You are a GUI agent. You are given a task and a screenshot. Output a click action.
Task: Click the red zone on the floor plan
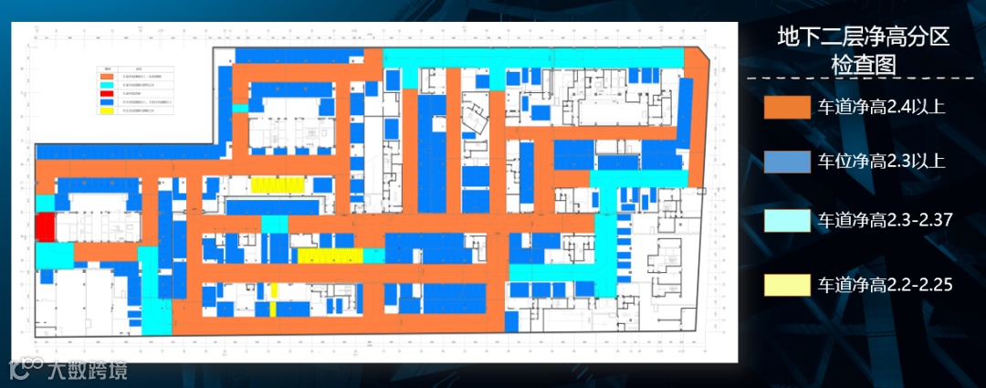point(43,226)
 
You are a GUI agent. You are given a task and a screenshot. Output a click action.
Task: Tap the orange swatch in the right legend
point(786,108)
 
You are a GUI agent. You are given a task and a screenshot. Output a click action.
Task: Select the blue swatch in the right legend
point(786,163)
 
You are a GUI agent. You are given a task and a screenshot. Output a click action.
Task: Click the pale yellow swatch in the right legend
point(786,285)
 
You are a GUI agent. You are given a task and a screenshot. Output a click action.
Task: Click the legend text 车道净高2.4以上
point(881,108)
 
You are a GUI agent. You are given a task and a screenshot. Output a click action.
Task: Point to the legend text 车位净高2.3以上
point(881,163)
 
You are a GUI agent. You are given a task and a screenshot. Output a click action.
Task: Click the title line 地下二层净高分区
point(863,37)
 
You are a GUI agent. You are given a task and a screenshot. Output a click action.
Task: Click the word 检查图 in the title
point(863,65)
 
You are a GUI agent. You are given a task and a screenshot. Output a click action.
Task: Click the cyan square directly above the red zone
point(44,203)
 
